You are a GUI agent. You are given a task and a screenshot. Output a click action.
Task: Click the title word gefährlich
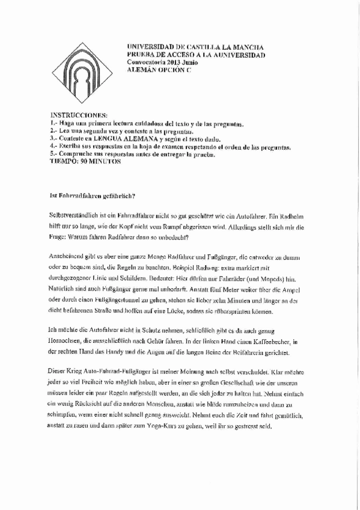119,195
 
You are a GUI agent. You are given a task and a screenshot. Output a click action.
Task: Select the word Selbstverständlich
72,215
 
